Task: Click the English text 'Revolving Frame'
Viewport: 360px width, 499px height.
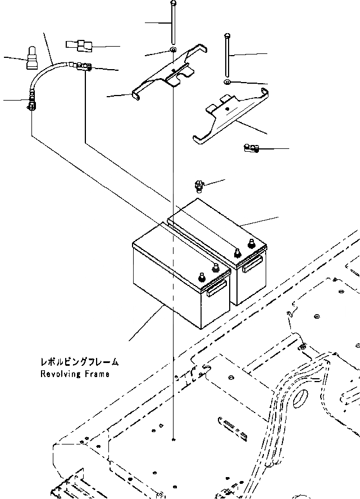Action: [75, 374]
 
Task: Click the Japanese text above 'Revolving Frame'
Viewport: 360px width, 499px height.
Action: [79, 362]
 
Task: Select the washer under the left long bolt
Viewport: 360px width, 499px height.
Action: [173, 52]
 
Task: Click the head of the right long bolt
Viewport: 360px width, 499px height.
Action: [226, 35]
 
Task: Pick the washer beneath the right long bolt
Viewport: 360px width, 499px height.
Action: [226, 83]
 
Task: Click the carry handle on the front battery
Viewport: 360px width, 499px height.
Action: [216, 288]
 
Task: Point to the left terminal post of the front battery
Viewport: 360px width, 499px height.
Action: [202, 277]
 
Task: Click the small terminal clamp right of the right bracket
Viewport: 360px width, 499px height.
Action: [250, 148]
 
